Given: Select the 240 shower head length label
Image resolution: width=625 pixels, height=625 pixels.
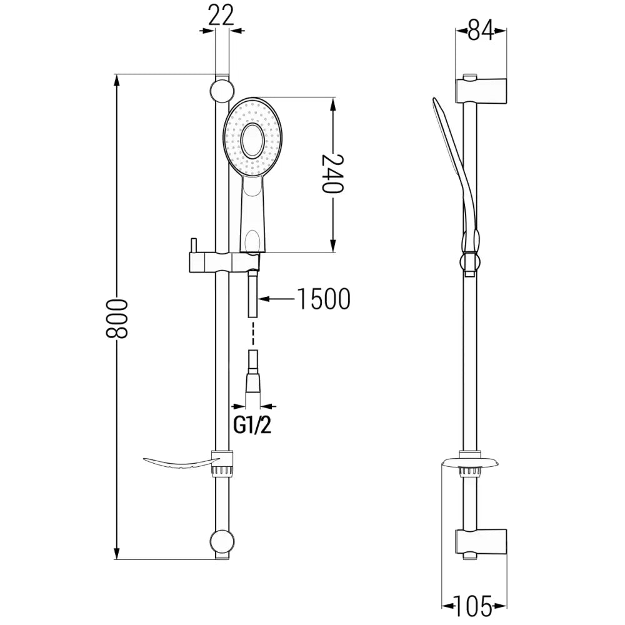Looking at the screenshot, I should tap(333, 174).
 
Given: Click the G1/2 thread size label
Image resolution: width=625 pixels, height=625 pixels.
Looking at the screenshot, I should tap(252, 426).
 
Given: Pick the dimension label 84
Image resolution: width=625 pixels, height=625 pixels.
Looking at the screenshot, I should tap(480, 29).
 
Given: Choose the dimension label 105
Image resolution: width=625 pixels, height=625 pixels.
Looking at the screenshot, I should tap(474, 604).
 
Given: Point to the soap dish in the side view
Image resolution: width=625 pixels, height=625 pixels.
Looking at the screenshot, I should tap(470, 463).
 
